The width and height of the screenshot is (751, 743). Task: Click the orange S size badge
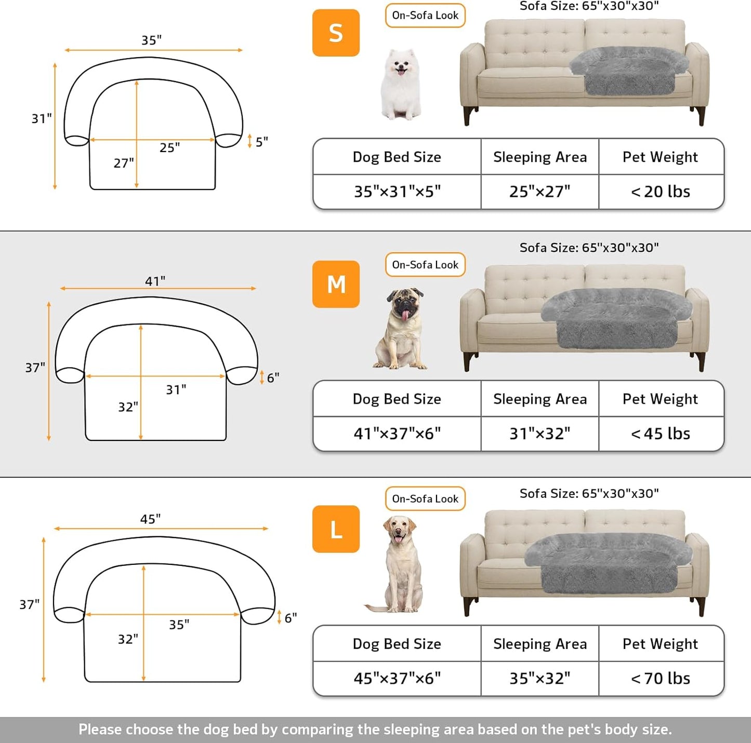pos(336,33)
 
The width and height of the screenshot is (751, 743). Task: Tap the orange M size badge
pos(336,284)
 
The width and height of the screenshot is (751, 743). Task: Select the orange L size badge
pos(336,529)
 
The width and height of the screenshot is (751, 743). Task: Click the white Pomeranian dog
pos(400,85)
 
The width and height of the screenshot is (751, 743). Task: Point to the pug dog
pos(401,328)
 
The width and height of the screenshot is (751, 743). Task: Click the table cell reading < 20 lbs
pos(661,192)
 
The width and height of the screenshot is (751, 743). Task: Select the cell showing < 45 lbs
pos(661,434)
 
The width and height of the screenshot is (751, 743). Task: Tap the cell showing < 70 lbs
pos(661,678)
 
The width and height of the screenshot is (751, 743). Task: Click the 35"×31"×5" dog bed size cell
pos(397,192)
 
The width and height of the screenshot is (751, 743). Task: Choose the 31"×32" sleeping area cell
pos(539,434)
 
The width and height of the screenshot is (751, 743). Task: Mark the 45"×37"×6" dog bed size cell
pos(397,678)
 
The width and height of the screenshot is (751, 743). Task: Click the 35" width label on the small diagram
pos(152,40)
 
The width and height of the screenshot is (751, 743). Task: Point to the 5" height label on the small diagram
pos(261,141)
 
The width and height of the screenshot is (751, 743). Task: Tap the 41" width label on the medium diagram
pos(155,281)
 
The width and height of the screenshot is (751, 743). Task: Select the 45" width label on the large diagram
pos(151,519)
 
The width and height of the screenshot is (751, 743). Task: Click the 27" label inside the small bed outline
pos(124,163)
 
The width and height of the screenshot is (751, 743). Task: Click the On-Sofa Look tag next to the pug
pos(425,265)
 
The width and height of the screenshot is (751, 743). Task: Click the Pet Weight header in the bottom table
pos(661,644)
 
